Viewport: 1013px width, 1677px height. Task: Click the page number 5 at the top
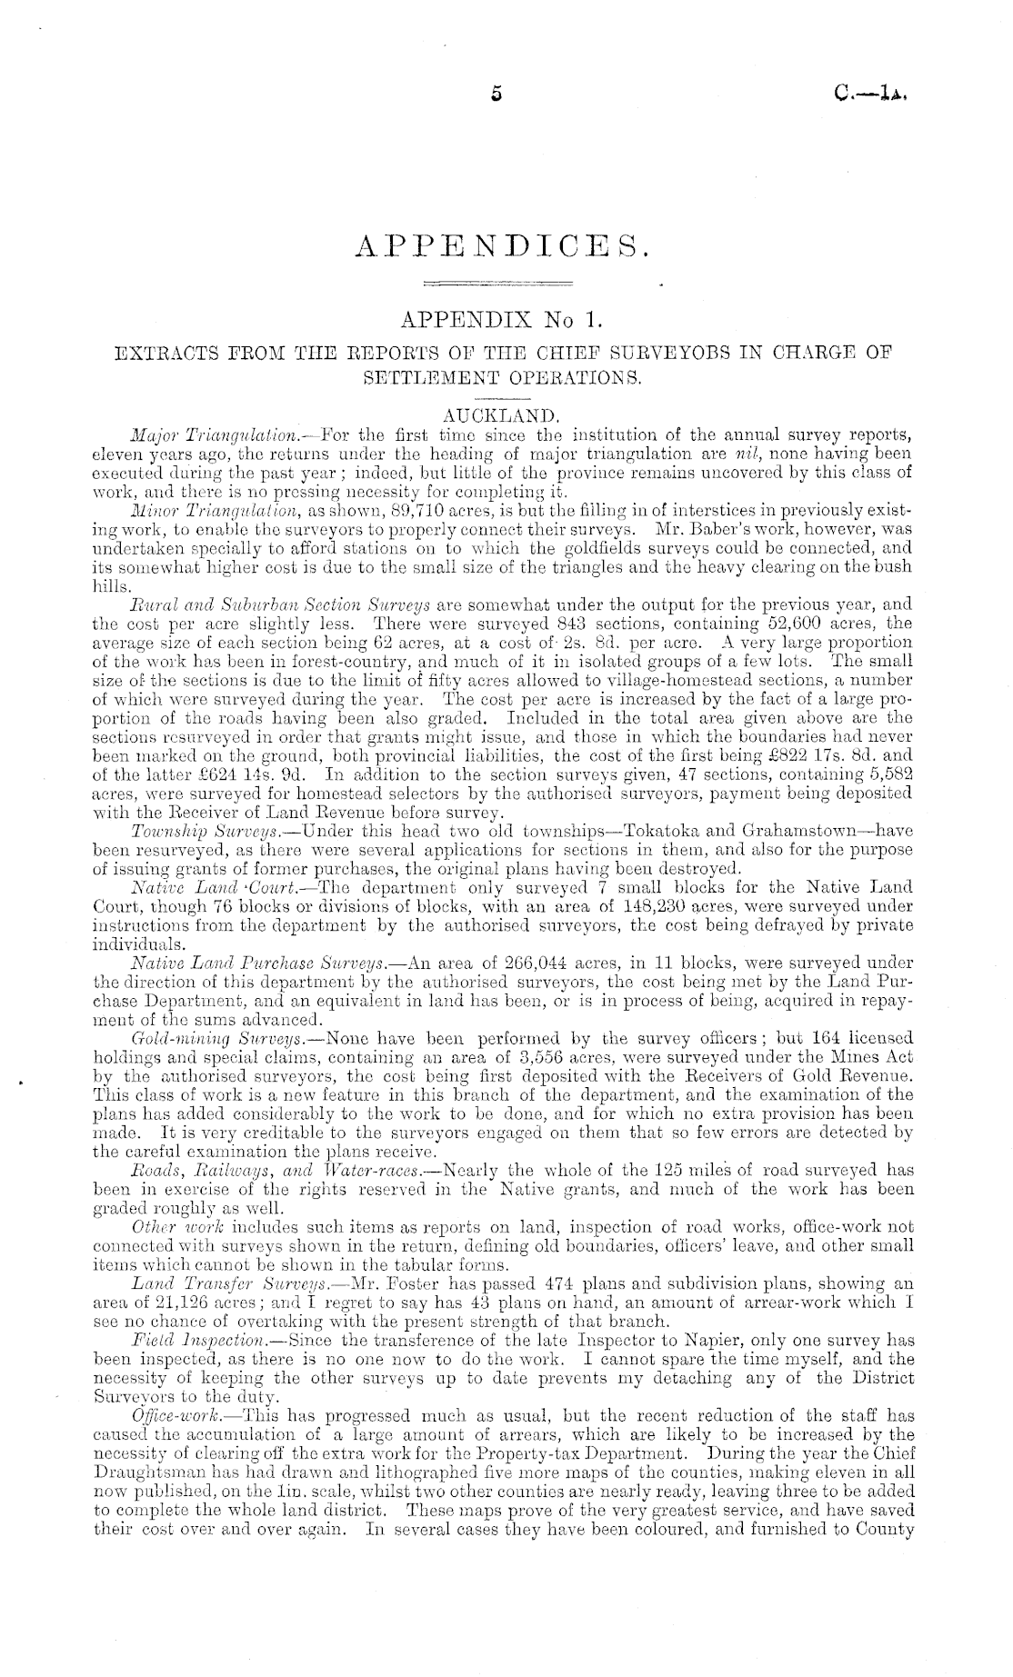496,93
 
